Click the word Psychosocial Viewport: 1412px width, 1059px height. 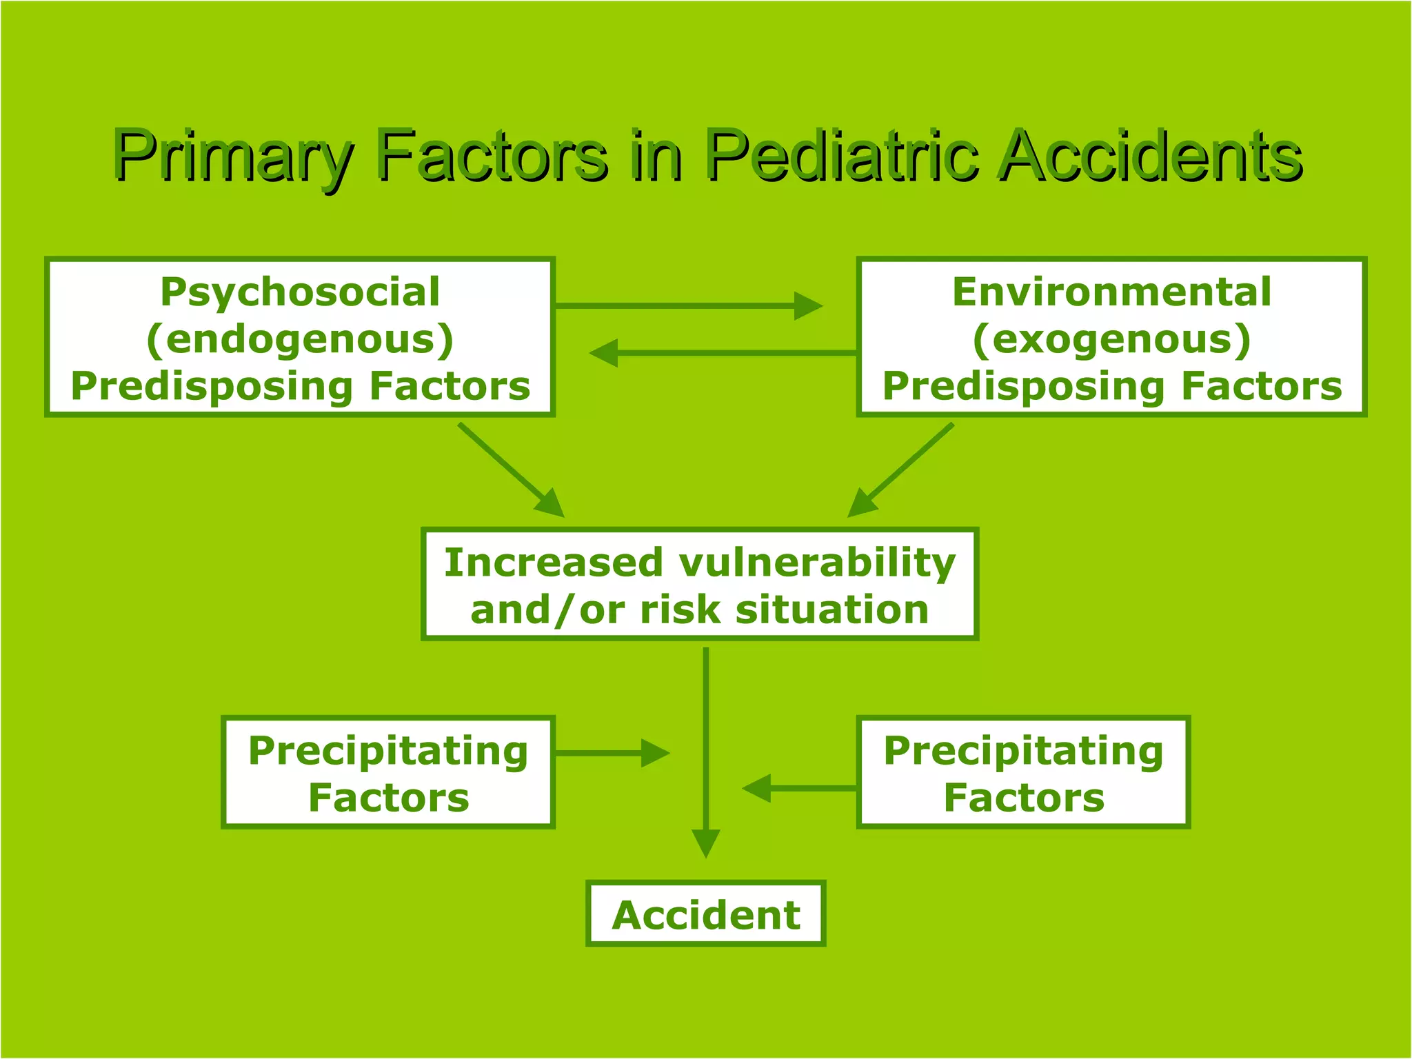300,292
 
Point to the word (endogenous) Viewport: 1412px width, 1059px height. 300,339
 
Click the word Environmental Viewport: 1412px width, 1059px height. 1111,292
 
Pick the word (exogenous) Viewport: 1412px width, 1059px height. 1111,339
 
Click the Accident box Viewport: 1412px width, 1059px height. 705,914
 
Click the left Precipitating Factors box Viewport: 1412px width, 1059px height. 388,773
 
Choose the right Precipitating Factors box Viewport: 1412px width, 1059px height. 1023,773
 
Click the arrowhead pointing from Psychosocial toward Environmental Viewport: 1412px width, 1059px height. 808,305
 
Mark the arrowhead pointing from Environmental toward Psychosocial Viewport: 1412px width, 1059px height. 605,353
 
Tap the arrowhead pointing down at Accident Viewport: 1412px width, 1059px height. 705,843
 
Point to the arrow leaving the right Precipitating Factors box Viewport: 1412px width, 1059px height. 800,788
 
